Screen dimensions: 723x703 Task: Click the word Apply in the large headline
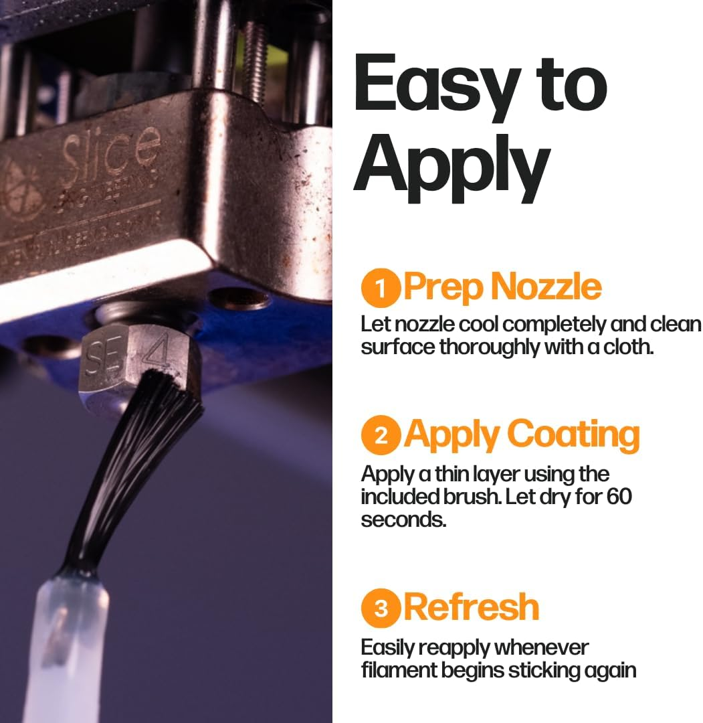coord(451,167)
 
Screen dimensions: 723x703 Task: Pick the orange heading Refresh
coord(472,607)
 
